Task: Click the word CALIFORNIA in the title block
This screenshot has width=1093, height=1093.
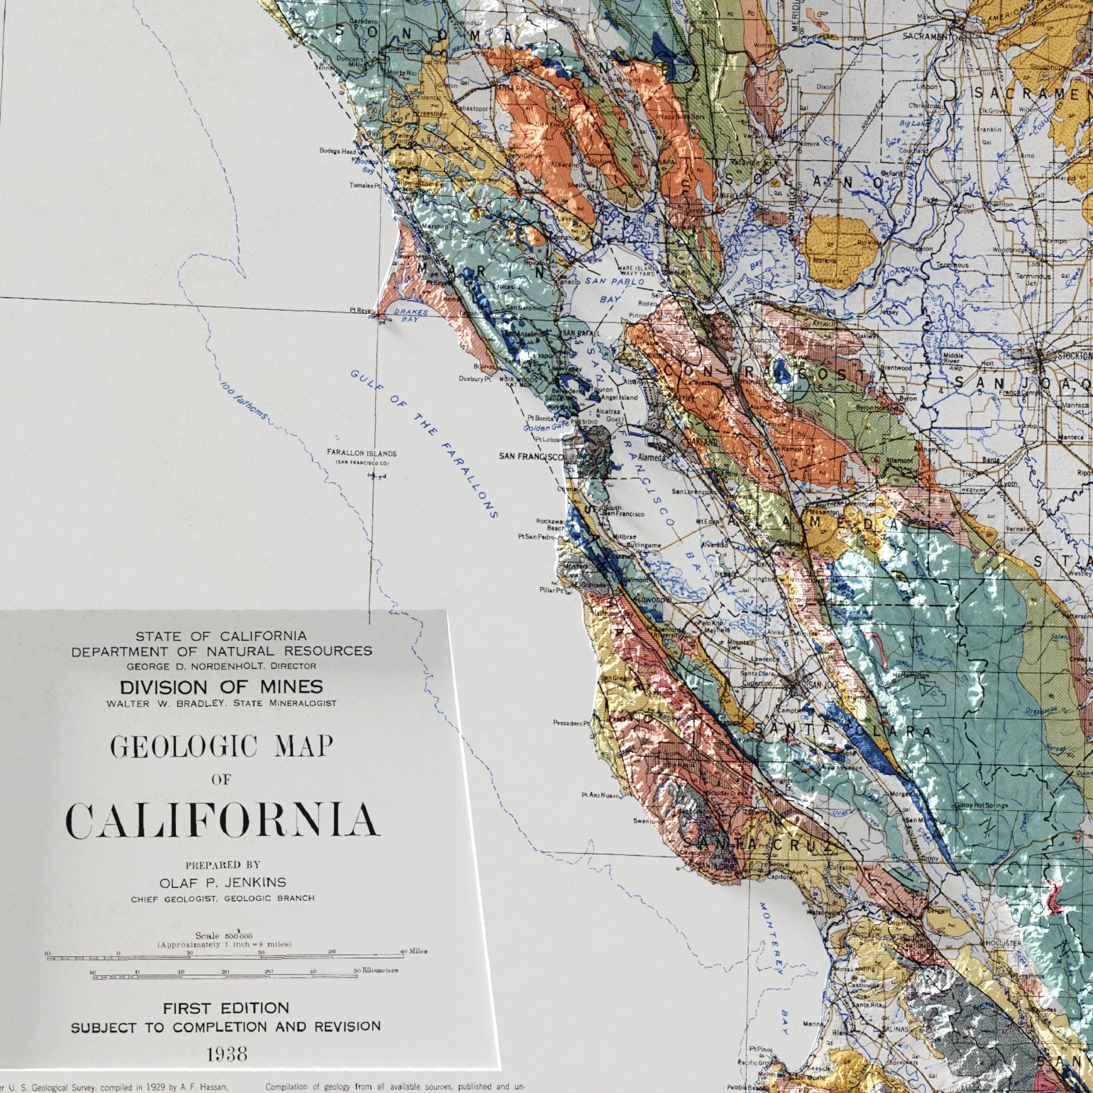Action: coord(222,820)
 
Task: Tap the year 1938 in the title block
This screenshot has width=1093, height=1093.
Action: coord(226,1053)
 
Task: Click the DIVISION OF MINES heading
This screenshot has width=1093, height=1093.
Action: coord(220,686)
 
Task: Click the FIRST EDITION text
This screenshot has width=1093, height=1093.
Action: coord(226,1007)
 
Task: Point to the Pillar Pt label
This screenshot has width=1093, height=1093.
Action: coord(548,590)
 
